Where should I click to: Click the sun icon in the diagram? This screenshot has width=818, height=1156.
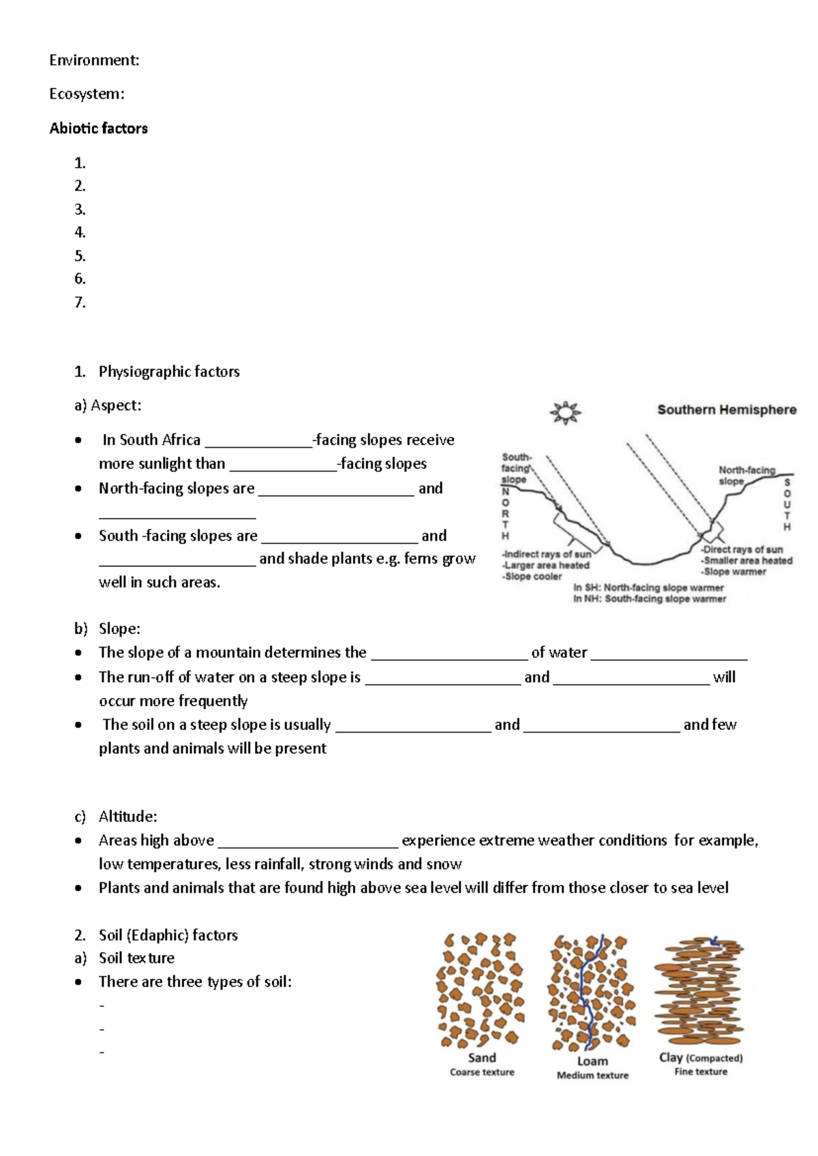565,412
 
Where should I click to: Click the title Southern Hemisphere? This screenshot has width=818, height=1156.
727,410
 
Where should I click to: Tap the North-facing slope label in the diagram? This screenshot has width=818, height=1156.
746,475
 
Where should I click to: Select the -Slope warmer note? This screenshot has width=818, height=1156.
734,572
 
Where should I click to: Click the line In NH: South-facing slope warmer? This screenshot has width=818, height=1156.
650,599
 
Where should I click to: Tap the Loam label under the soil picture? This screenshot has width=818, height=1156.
592,1061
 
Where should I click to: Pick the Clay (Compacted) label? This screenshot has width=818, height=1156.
701,1058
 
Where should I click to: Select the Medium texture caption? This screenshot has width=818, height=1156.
592,1076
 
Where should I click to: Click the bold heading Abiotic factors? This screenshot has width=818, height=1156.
99,128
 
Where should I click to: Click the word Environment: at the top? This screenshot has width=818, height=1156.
94,60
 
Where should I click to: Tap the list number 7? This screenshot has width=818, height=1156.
80,303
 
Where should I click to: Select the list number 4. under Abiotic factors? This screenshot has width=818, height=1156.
80,232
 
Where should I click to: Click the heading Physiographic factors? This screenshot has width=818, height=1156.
169,371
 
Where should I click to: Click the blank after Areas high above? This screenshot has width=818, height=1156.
307,841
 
